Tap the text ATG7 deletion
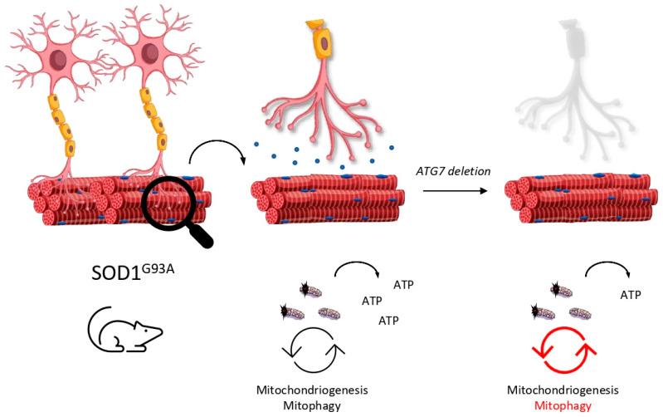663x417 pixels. click(x=453, y=170)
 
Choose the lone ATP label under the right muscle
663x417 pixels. click(x=631, y=294)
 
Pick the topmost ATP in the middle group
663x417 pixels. click(x=403, y=285)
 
